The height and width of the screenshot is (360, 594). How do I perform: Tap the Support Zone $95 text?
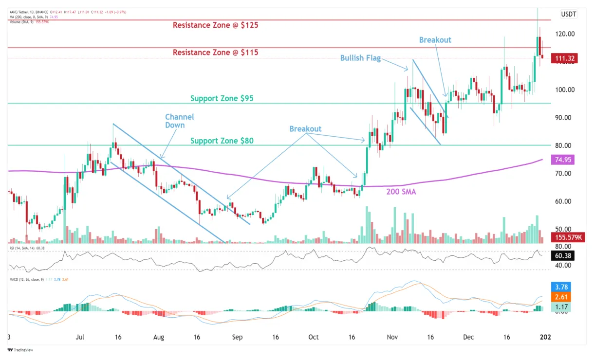[x=222, y=98]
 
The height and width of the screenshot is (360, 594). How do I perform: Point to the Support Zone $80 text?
[x=222, y=141]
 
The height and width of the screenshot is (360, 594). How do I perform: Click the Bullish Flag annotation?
[x=360, y=58]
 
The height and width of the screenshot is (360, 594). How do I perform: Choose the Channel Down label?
[x=179, y=121]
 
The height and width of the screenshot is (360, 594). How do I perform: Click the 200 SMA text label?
[x=401, y=192]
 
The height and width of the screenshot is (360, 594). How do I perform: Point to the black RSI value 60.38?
[x=564, y=255]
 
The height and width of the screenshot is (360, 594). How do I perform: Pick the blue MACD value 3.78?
[x=564, y=287]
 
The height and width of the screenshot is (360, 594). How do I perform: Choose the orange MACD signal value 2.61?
[x=564, y=297]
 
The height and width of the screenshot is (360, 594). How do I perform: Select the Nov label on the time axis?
[x=392, y=337]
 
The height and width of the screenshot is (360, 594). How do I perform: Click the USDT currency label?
[x=568, y=14]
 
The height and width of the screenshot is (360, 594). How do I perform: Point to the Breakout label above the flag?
[x=435, y=40]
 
